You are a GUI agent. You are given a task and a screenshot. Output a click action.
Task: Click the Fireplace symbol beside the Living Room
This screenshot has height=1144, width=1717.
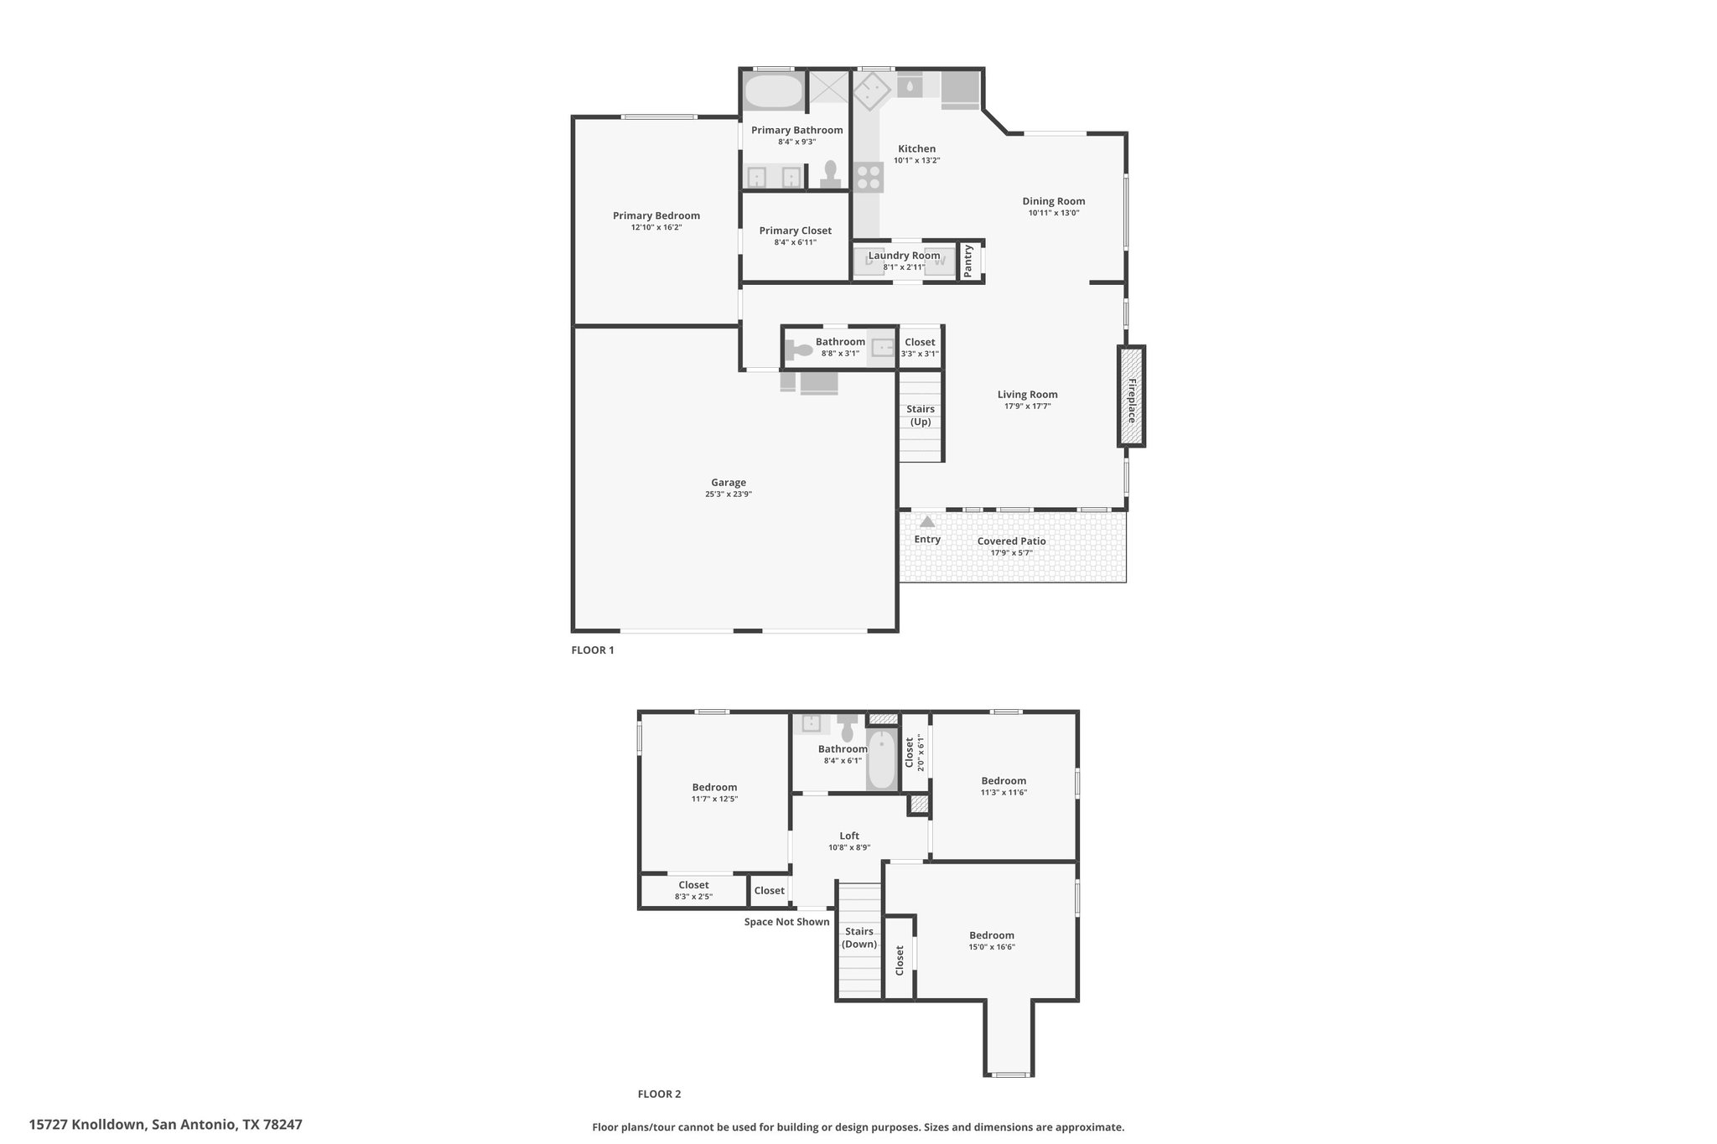coord(1131,396)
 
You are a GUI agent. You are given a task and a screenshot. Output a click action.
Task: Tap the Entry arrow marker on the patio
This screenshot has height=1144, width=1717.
coord(927,521)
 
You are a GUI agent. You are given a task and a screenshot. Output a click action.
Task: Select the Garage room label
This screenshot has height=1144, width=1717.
coord(729,483)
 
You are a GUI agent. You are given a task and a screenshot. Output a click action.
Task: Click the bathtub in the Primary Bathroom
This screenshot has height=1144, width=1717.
coord(774,91)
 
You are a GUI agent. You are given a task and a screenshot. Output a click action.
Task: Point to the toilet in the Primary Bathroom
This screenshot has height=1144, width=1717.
coord(831,174)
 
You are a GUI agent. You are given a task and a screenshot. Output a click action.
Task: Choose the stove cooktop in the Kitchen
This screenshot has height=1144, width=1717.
coord(869,177)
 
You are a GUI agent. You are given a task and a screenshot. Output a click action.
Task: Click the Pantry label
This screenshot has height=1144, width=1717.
coord(968,261)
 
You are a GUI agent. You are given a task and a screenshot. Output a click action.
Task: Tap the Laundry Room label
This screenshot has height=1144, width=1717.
coord(904,256)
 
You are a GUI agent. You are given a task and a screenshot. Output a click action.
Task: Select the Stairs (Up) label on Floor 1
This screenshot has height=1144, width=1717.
coord(921,416)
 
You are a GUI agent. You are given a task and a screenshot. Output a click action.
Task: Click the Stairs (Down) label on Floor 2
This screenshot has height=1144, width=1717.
coord(859,938)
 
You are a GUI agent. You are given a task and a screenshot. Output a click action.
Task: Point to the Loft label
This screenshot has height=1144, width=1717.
coord(849,836)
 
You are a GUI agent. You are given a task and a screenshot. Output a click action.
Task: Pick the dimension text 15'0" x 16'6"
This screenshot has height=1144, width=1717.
coord(992,947)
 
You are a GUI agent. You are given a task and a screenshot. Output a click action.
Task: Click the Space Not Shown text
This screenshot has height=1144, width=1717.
coord(787,922)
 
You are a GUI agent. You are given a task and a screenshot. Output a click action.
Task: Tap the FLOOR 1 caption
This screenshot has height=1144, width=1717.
coord(593,650)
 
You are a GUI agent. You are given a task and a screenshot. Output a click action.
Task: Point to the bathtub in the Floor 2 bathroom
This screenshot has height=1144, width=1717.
coord(881,759)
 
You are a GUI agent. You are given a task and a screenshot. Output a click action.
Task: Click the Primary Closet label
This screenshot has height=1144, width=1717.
coord(796,230)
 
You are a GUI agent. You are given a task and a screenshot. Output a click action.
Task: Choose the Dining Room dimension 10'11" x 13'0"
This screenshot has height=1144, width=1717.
coord(1054,213)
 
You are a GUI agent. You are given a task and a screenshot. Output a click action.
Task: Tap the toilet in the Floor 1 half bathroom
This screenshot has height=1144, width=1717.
coord(801,347)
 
